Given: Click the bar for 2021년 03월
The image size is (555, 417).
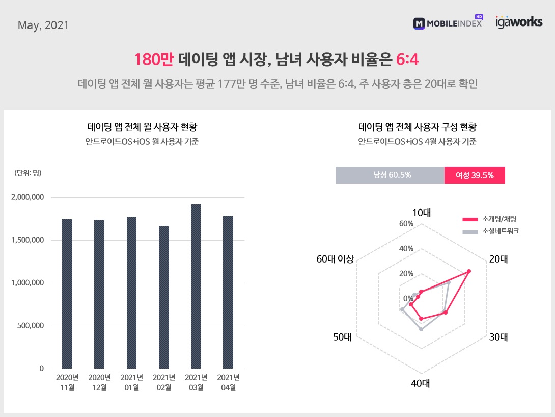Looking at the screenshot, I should point(196,286).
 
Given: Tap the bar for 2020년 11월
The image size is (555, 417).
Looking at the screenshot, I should point(67,294).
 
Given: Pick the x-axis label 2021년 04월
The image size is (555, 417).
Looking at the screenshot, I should point(229,382).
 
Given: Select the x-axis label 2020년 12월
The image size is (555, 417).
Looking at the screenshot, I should point(99,382).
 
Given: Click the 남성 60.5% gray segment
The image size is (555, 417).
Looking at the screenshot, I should point(390,175).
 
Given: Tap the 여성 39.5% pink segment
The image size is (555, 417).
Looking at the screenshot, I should point(475,175).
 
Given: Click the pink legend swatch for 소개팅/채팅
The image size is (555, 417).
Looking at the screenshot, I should point(469,220).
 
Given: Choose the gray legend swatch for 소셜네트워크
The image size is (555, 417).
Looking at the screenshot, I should point(469,231).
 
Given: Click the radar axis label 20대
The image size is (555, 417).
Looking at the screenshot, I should point(498,259).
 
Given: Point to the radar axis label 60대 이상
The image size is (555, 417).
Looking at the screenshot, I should point(335,259).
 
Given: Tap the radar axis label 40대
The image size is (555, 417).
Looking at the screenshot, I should point(421,383).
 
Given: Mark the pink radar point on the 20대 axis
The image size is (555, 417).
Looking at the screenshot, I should point(469,271).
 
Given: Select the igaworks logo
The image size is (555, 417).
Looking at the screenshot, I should point(519,22).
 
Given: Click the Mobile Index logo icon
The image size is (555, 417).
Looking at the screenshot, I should point(419,23).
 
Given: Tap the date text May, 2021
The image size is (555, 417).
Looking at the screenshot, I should point(43,25).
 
